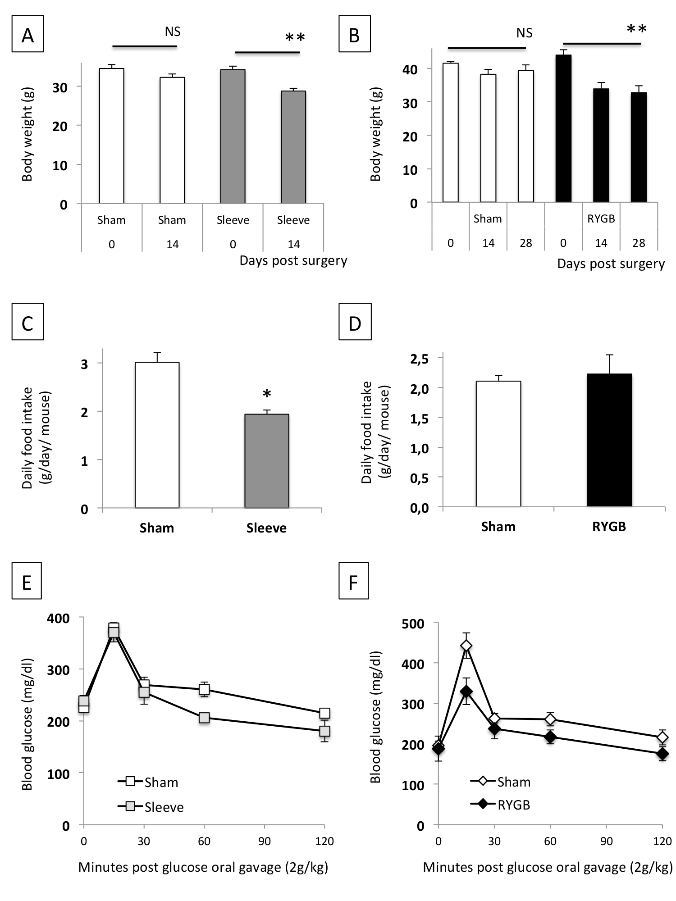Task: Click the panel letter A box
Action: pyautogui.click(x=27, y=34)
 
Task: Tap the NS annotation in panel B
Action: pyautogui.click(x=524, y=33)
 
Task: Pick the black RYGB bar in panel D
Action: pyautogui.click(x=609, y=440)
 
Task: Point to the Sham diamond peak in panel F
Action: pyautogui.click(x=466, y=646)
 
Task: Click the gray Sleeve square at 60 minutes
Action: pyautogui.click(x=204, y=718)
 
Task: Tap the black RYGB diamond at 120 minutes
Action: pyautogui.click(x=662, y=754)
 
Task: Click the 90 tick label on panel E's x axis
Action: pyautogui.click(x=265, y=841)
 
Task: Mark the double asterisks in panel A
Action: pyautogui.click(x=295, y=38)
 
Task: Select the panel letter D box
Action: pyautogui.click(x=355, y=322)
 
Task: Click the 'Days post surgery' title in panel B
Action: pyautogui.click(x=611, y=264)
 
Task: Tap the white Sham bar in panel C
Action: pyautogui.click(x=157, y=435)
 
